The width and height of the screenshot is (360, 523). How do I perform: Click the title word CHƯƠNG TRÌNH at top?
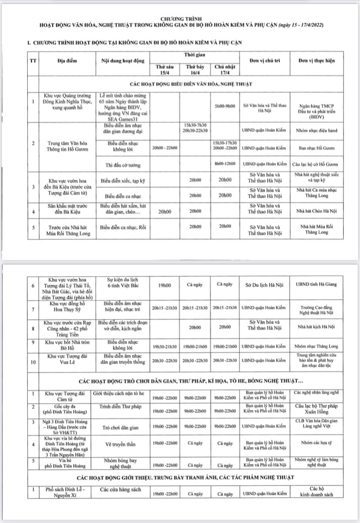tap(180, 19)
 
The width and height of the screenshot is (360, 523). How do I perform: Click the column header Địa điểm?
tap(67, 60)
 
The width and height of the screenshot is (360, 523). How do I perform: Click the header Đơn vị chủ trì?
tap(267, 60)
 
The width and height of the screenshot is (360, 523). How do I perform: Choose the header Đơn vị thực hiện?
tap(317, 60)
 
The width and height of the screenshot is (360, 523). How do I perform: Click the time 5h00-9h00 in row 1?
tap(225, 106)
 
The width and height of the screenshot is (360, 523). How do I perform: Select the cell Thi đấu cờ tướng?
tap(122, 164)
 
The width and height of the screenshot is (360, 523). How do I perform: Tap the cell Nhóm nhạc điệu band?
tap(317, 130)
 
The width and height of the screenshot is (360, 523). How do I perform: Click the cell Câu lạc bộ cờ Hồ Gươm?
tap(317, 164)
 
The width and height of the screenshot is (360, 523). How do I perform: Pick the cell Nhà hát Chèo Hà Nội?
tap(317, 212)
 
